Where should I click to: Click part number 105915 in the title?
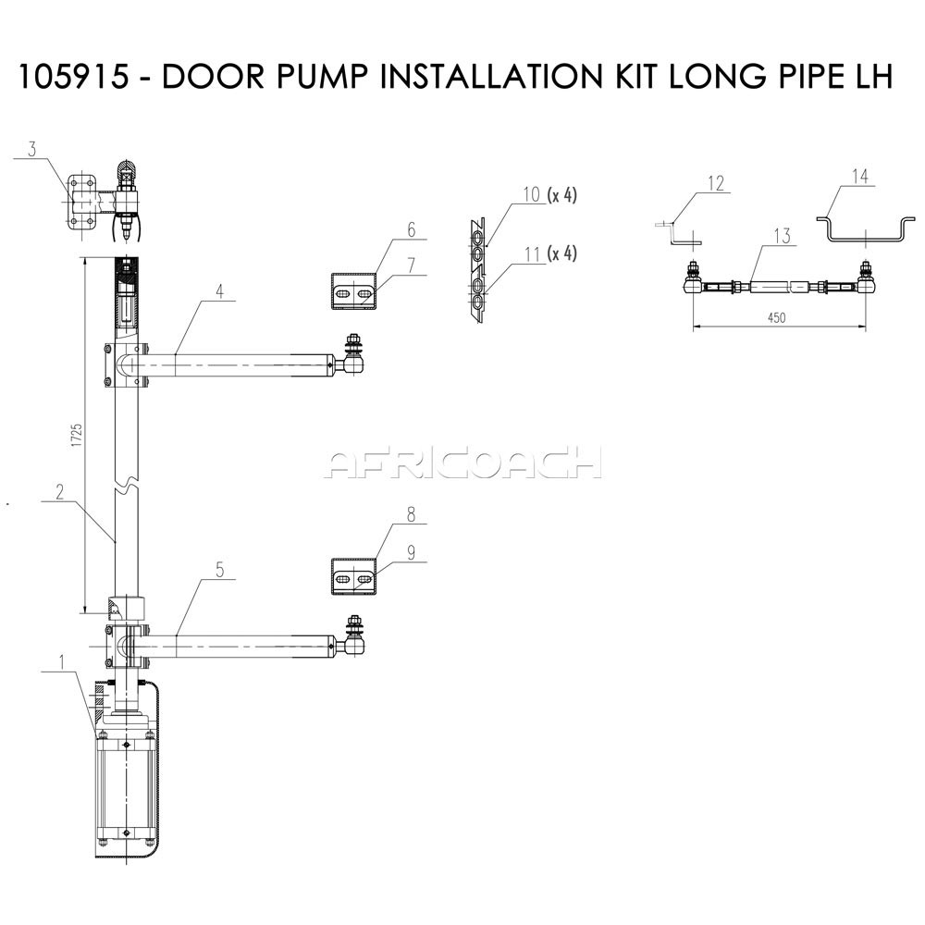[x=73, y=77]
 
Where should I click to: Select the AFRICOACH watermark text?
[x=462, y=462]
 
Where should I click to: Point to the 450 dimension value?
[x=776, y=318]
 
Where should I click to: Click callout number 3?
[x=32, y=149]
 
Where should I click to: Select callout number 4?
[x=219, y=291]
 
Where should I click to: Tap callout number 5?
[x=219, y=570]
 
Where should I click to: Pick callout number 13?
[x=782, y=236]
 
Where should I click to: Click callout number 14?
[x=860, y=176]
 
